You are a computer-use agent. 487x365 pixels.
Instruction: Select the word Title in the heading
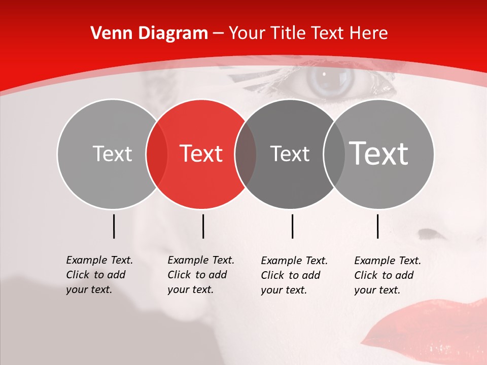tap(288, 33)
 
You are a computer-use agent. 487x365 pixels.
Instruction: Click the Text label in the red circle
tap(201, 154)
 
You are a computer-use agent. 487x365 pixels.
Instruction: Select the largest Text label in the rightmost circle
tap(379, 154)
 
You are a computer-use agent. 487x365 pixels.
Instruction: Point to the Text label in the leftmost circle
tap(113, 154)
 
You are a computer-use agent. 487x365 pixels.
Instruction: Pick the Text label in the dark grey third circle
tap(290, 154)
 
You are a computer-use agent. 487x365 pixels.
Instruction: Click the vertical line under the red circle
tap(203, 226)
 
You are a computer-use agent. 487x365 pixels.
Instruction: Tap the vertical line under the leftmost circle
tap(114, 226)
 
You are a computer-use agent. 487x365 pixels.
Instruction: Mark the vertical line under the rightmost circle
tap(377, 226)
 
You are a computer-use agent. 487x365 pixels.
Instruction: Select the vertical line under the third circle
tap(292, 226)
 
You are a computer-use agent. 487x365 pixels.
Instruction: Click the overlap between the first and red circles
tap(157, 154)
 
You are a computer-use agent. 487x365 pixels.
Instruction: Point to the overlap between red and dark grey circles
tap(246, 154)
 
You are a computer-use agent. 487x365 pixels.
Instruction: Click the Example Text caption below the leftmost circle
tap(99, 275)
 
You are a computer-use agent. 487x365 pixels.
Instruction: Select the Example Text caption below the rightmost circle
tap(387, 275)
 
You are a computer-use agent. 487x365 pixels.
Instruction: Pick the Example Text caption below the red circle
tap(200, 275)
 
